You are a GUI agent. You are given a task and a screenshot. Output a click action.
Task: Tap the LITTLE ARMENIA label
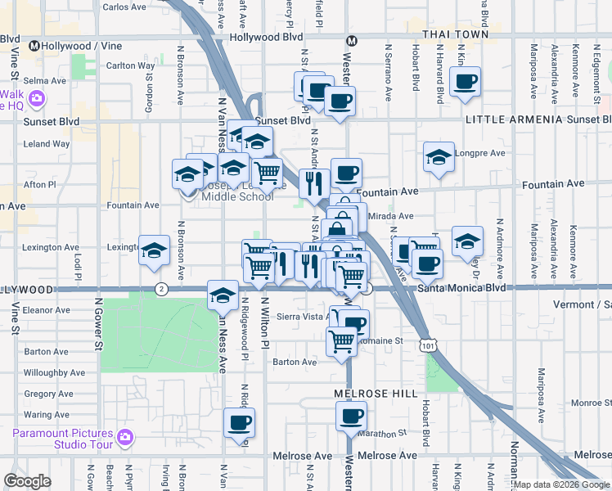pyautogui.click(x=514, y=119)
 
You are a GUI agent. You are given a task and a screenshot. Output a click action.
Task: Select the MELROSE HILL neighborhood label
pyautogui.click(x=372, y=394)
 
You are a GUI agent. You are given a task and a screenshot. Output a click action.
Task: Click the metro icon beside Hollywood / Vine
pyautogui.click(x=34, y=46)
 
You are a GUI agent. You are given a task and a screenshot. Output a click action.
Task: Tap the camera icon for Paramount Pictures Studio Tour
pyautogui.click(x=124, y=438)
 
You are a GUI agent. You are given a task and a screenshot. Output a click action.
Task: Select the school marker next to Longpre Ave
pyautogui.click(x=439, y=155)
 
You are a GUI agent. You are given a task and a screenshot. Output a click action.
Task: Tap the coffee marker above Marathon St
pyautogui.click(x=351, y=414)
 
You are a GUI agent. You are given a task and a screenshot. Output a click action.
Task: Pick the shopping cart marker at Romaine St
pyautogui.click(x=341, y=340)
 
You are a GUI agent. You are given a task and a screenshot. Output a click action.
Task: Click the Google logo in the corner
pyautogui.click(x=28, y=481)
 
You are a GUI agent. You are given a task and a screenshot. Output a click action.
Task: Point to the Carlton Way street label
pyautogui.click(x=131, y=65)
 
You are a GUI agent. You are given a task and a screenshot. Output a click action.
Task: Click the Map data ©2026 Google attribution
pyautogui.click(x=560, y=484)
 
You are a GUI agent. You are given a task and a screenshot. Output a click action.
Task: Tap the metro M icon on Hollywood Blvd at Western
pyautogui.click(x=351, y=41)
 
